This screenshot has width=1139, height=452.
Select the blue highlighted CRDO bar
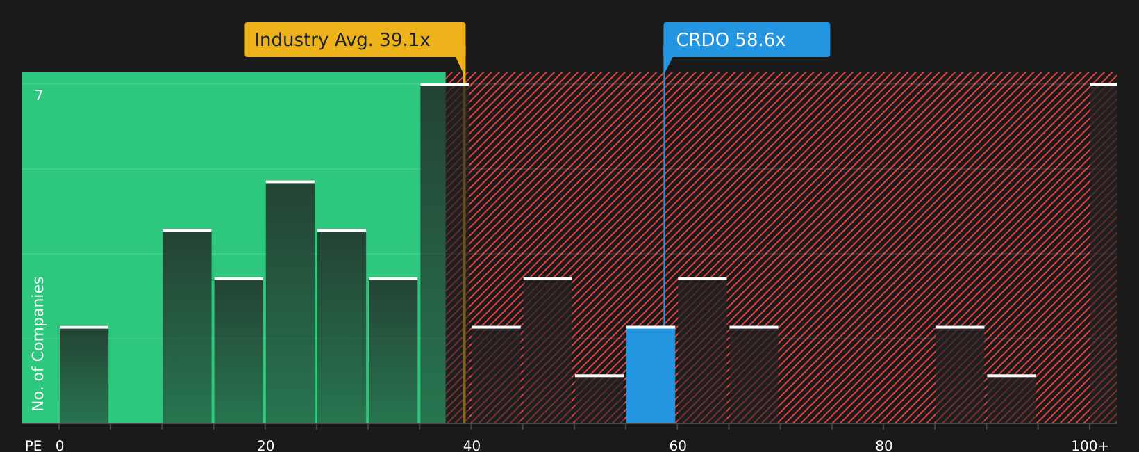pos(651,376)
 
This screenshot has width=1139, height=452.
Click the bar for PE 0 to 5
pos(84,376)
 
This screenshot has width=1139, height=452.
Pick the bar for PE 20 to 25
pos(290,302)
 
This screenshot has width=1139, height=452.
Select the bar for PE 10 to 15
pos(187,327)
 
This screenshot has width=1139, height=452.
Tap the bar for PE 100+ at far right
pos(1103,254)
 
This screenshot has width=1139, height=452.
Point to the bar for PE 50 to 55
pos(599,400)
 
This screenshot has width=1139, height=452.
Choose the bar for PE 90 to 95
pos(1011,400)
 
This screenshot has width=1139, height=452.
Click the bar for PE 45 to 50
pos(548,351)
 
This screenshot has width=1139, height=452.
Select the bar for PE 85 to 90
pos(960,376)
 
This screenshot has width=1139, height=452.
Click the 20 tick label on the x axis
pos(265,446)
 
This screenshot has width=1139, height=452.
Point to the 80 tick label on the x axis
pos(883,446)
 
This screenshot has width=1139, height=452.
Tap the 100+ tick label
pos(1090,446)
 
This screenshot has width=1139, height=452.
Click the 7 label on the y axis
pos(39,96)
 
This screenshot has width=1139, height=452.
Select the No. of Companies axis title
pos(38,344)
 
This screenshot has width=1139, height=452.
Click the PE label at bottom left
pos(33,446)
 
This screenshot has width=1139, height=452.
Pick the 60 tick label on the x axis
pos(678,446)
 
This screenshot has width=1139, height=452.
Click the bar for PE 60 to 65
pos(702,351)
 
